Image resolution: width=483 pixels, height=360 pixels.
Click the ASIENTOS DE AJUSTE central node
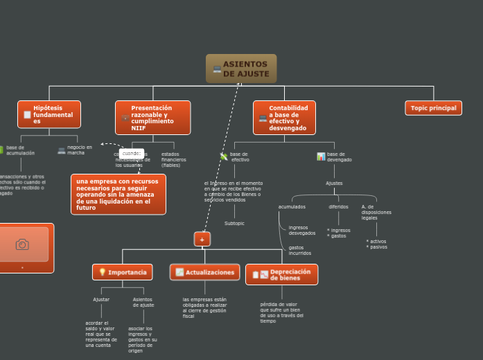tap(241, 69)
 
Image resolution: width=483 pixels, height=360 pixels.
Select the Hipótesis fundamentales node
tap(49, 114)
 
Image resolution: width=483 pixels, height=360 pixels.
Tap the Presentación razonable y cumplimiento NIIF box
tap(152, 118)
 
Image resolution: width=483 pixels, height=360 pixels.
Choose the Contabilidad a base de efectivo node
tap(284, 118)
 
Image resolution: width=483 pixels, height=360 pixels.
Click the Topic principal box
tap(433, 108)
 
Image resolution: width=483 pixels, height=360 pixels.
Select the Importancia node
tap(123, 272)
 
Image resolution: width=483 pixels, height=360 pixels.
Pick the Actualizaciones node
tap(205, 272)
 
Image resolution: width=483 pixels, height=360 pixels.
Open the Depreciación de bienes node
tap(282, 274)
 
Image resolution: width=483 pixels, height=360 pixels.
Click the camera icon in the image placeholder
tap(22, 244)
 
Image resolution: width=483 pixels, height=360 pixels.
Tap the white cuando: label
tap(132, 153)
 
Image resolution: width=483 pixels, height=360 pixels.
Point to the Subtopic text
tap(234, 224)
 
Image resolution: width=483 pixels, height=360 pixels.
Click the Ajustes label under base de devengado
tap(334, 183)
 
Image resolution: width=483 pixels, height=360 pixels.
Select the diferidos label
tap(338, 206)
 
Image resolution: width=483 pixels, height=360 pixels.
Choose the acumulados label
tap(292, 206)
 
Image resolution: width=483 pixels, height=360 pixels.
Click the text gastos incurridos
tap(299, 250)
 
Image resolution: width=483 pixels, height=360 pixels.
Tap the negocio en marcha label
tap(79, 150)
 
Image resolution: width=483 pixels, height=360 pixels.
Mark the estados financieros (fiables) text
tap(173, 160)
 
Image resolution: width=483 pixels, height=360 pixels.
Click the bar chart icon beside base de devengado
tap(321, 156)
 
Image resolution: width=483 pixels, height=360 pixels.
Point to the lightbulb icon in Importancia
tap(102, 272)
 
